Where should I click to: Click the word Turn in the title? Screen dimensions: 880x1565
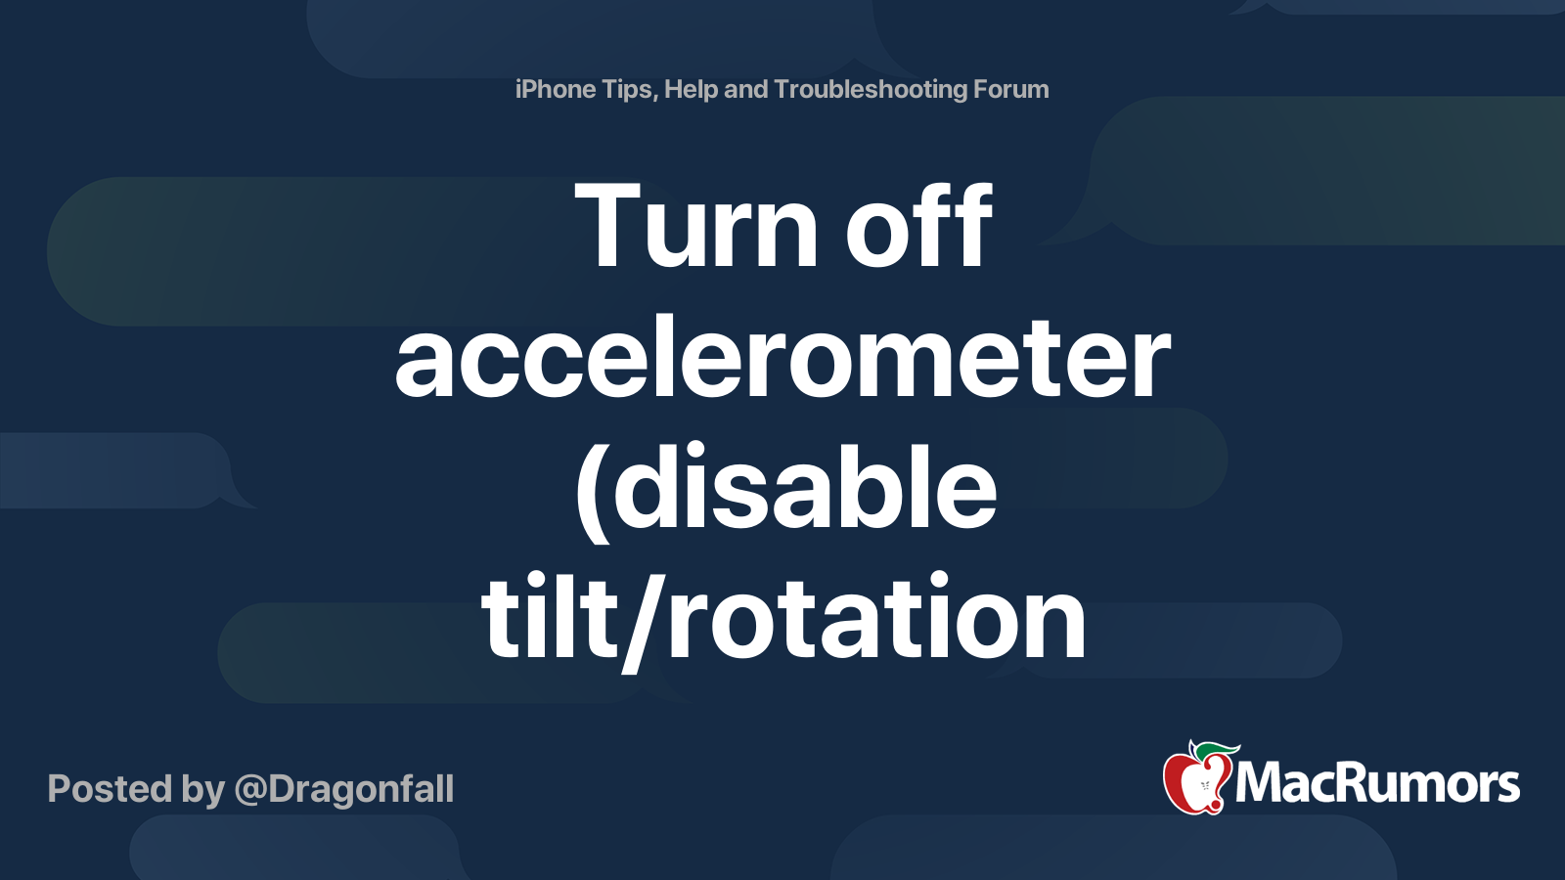tap(696, 228)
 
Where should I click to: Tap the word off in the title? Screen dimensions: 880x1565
tap(918, 228)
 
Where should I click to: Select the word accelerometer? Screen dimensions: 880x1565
tap(782, 359)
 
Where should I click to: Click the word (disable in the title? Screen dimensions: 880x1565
tap(787, 489)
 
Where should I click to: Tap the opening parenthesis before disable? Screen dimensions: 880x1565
tap(589, 489)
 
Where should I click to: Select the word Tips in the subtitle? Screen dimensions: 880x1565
tap(628, 90)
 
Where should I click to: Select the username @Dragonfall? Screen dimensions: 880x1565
tap(344, 789)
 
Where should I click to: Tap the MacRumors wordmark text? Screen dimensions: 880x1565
tap(1377, 784)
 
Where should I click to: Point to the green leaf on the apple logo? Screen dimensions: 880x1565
tap(1213, 750)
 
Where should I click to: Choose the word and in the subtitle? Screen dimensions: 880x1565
tap(745, 90)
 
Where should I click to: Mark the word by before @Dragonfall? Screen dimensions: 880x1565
tap(203, 790)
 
